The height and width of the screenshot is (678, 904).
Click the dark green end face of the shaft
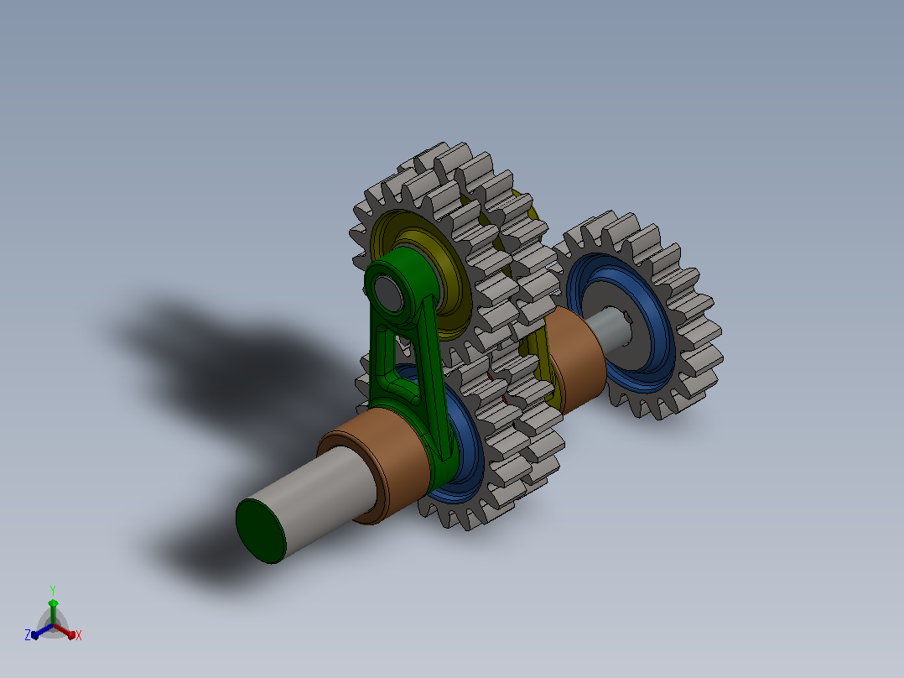[261, 531]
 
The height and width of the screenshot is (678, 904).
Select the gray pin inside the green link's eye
[388, 293]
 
